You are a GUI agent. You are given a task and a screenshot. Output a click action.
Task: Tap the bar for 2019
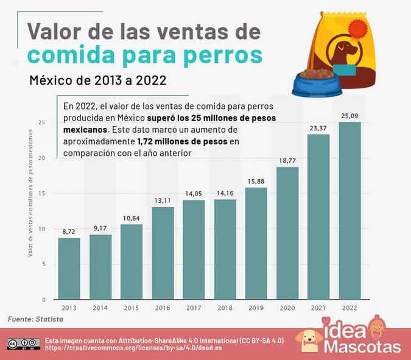256,243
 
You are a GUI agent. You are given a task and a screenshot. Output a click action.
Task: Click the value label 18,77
287,161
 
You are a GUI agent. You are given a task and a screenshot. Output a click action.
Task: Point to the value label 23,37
318,128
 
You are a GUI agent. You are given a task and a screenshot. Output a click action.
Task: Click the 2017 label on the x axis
194,308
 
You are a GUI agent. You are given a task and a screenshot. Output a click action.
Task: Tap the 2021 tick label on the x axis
318,308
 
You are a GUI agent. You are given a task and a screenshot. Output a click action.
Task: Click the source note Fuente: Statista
35,319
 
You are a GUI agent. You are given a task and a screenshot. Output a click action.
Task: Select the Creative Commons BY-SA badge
23,344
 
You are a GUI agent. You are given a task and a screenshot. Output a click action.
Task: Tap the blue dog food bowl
313,83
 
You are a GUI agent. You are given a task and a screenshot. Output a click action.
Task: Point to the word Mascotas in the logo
363,348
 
